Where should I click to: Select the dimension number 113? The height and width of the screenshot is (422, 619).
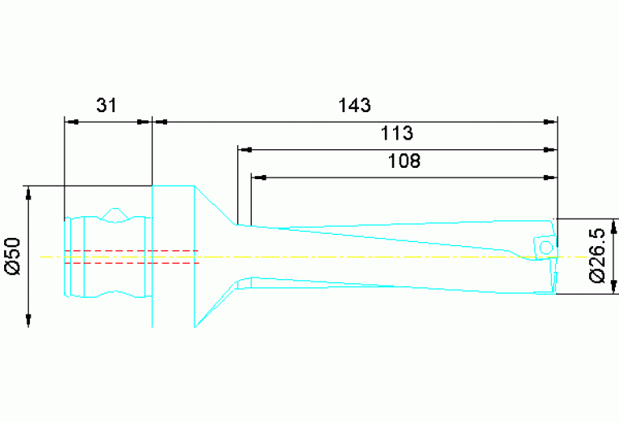(397, 132)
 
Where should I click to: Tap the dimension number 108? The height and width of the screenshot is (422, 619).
(404, 161)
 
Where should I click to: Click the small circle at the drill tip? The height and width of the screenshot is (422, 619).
(546, 246)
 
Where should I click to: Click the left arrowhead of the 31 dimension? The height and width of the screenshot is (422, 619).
(70, 122)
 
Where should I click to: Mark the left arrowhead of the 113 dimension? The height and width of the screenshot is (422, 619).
(244, 150)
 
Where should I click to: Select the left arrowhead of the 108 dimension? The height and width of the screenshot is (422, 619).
(257, 177)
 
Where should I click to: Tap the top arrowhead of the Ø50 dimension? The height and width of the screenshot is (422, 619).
(29, 192)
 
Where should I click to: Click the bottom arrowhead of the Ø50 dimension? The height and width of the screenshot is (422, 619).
(29, 320)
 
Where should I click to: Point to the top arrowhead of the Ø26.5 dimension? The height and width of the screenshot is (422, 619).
(615, 224)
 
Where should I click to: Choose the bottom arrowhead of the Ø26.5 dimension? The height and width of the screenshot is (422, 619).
(615, 288)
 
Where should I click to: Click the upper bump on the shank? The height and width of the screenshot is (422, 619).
(116, 213)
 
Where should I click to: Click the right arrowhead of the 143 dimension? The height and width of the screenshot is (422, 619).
(551, 122)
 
